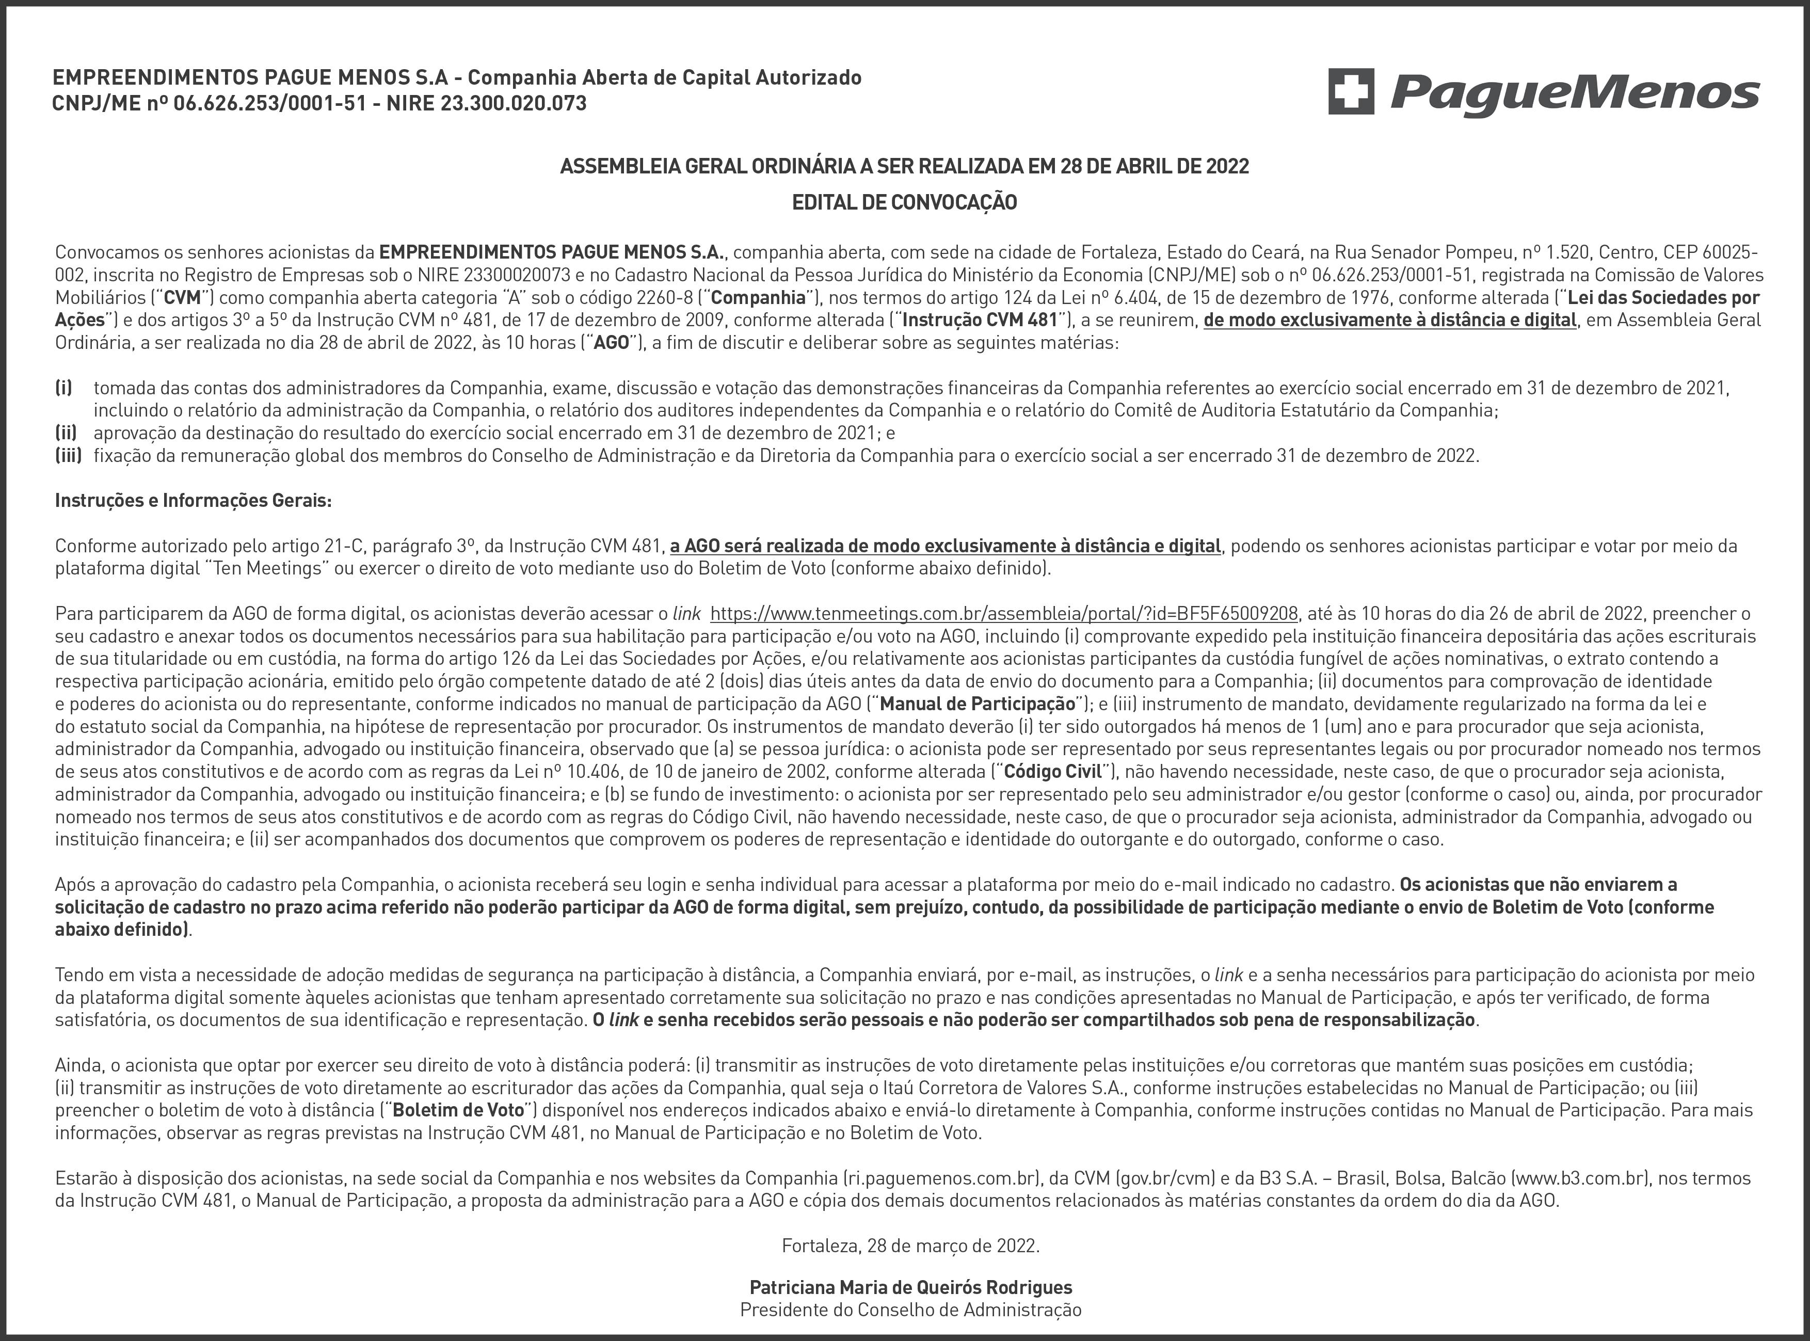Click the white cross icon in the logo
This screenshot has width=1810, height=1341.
click(1351, 91)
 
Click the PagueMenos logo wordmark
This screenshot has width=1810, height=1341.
click(1575, 95)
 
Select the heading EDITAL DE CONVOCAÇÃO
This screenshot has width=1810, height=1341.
click(904, 203)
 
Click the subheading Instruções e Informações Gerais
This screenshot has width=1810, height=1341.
click(193, 501)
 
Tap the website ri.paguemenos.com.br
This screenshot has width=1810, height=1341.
click(943, 1178)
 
